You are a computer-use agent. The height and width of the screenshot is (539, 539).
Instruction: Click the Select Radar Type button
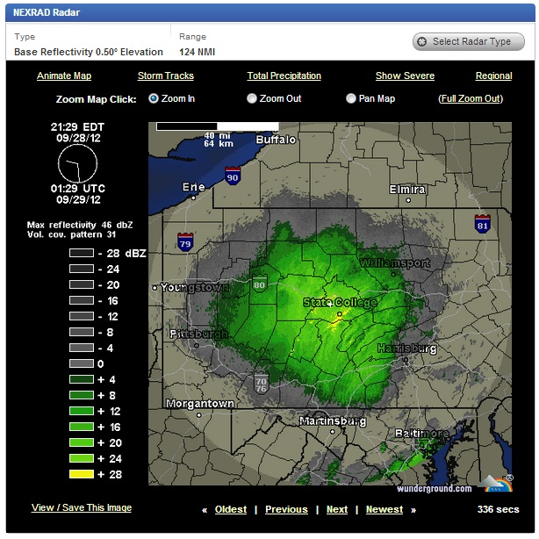pos(469,41)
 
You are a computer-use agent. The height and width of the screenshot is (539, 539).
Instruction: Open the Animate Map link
pos(64,76)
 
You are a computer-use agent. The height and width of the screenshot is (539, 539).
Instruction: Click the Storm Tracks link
pos(166,76)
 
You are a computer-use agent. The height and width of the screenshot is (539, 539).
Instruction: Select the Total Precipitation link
pos(284,76)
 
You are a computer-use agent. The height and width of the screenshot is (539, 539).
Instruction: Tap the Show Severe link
pos(405,76)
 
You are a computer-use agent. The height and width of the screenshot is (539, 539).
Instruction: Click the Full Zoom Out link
pos(471,99)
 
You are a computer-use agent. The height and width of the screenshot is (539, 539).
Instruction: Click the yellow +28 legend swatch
pos(82,474)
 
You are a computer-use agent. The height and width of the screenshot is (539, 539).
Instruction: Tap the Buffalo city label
pos(277,140)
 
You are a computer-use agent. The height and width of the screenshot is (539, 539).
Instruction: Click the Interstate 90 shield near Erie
pos(232,176)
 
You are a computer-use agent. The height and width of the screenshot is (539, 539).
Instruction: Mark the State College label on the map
pos(340,303)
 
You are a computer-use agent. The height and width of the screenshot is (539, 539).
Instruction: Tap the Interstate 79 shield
pos(184,241)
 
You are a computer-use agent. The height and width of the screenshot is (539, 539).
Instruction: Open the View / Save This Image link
pos(82,507)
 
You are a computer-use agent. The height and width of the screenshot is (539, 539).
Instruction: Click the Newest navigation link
pos(384,509)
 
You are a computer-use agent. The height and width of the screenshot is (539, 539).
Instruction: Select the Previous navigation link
pos(286,509)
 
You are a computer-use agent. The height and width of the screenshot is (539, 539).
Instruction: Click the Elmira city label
pos(406,190)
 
